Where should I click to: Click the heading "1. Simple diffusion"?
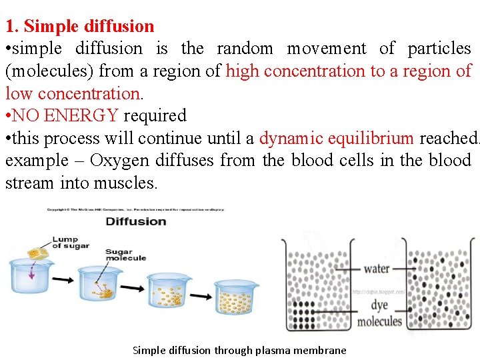click(x=80, y=27)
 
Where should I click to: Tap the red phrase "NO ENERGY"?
click(x=65, y=115)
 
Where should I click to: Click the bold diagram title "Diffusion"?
click(x=136, y=221)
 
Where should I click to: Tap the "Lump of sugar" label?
click(x=70, y=243)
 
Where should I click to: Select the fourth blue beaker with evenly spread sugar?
click(x=235, y=297)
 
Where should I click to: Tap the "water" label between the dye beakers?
click(x=377, y=269)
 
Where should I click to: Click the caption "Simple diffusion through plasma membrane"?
click(x=239, y=350)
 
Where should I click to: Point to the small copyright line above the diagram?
click(x=136, y=209)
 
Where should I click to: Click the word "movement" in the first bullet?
click(x=326, y=49)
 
